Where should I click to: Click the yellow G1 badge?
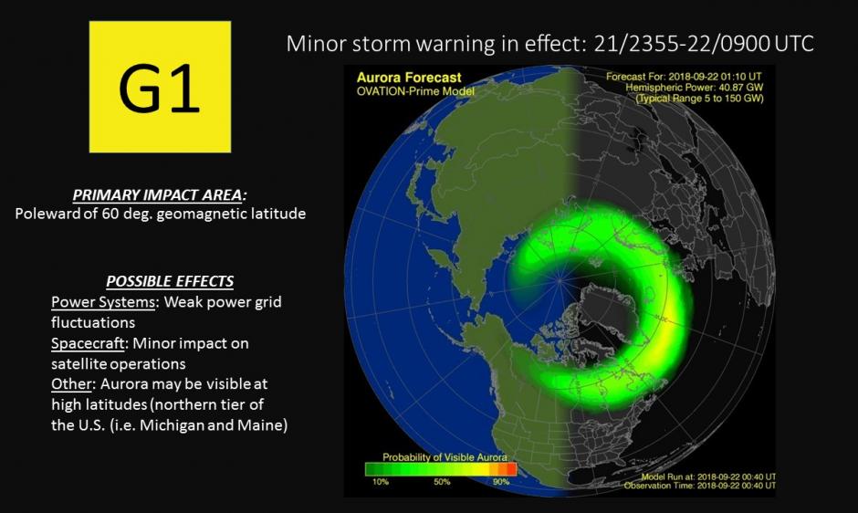160,87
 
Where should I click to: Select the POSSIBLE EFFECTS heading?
169,281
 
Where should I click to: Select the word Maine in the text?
262,425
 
